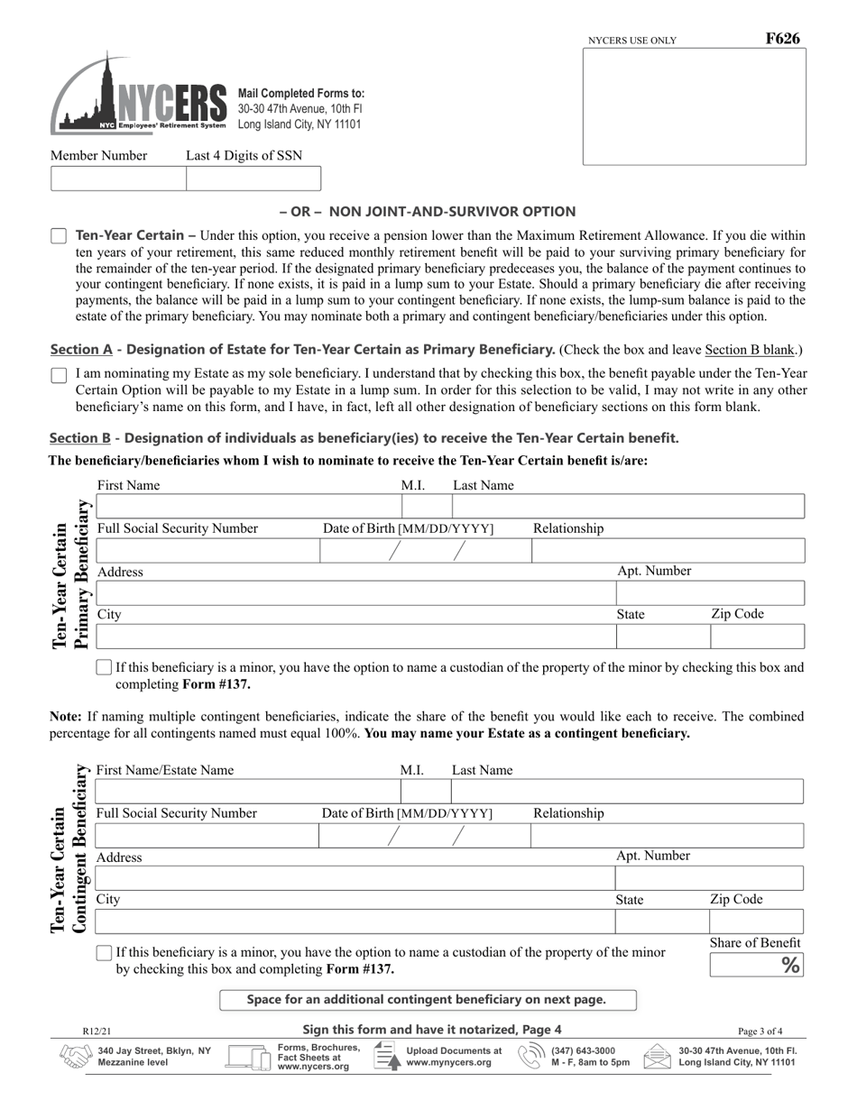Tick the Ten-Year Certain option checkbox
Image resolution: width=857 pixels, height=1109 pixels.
pyautogui.click(x=59, y=236)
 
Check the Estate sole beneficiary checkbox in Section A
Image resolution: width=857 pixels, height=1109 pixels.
pyautogui.click(x=59, y=375)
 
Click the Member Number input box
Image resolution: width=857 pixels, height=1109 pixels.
pyautogui.click(x=118, y=179)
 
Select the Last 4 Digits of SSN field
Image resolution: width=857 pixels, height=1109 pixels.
pyautogui.click(x=253, y=179)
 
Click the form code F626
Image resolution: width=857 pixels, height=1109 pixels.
pyautogui.click(x=782, y=39)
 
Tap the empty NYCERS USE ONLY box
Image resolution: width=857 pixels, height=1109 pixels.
pyautogui.click(x=694, y=106)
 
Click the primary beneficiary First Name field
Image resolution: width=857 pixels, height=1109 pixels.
pyautogui.click(x=248, y=507)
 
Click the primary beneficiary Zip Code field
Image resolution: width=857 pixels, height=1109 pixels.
pyautogui.click(x=756, y=637)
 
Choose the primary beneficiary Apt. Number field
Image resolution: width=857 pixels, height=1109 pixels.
pyautogui.click(x=709, y=593)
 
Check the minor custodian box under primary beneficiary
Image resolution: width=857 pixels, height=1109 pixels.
pyautogui.click(x=104, y=668)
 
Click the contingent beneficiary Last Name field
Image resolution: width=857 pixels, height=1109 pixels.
pyautogui.click(x=627, y=792)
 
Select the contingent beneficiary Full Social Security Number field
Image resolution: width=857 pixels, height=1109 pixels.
pyautogui.click(x=206, y=835)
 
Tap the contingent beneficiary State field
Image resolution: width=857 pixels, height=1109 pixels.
pyautogui.click(x=661, y=921)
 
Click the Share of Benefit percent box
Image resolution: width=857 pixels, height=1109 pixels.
pyautogui.click(x=755, y=966)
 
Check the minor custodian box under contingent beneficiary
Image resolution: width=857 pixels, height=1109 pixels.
pyautogui.click(x=104, y=953)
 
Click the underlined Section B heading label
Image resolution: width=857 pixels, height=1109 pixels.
pyautogui.click(x=80, y=438)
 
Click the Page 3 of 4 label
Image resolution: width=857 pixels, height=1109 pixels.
pyautogui.click(x=760, y=1031)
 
